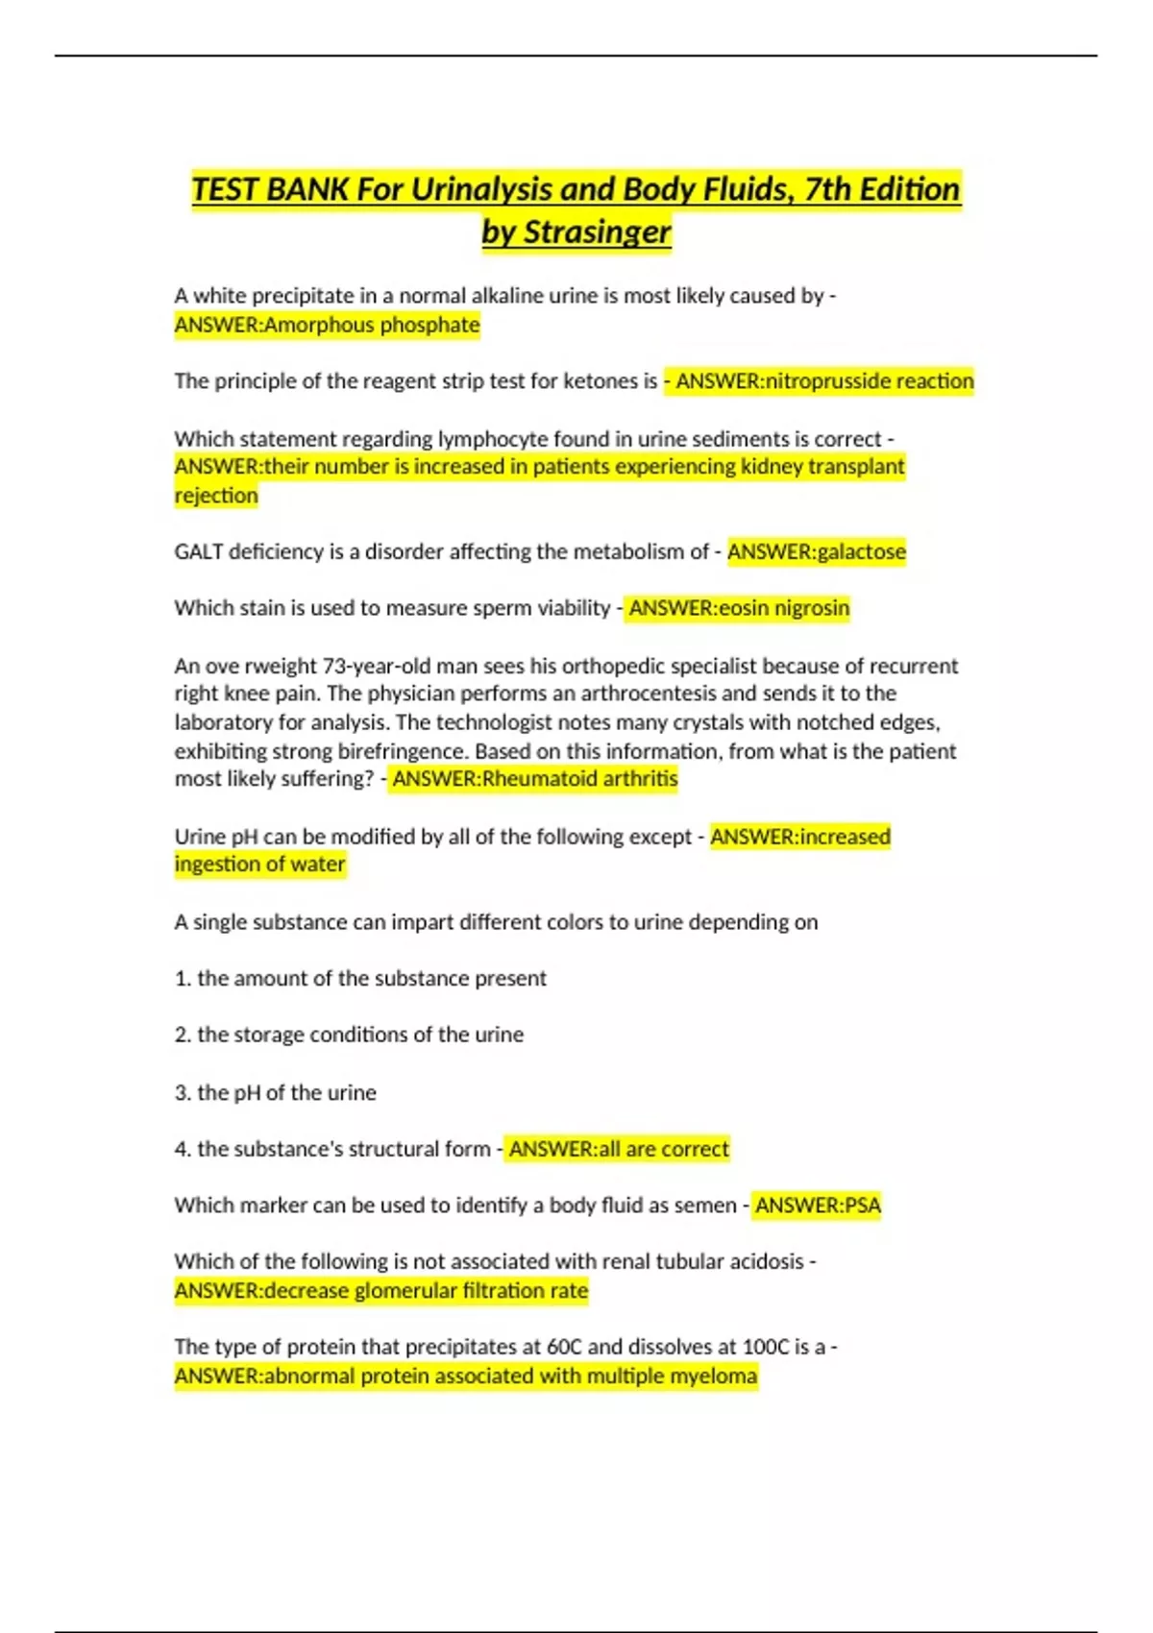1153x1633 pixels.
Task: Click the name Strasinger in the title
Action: coord(597,232)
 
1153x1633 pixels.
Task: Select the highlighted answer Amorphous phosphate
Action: coord(372,325)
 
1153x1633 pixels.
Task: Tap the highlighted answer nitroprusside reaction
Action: coord(869,381)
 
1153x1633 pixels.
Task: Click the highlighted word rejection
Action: coord(216,496)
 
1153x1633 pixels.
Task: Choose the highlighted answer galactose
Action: coord(861,551)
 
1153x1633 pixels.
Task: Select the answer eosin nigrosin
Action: coord(787,608)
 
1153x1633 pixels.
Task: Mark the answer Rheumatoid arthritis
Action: coord(579,779)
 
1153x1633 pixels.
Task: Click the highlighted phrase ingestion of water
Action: coord(259,865)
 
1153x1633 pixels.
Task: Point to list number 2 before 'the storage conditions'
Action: coord(183,1035)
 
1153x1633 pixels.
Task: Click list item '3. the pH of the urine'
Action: coord(276,1092)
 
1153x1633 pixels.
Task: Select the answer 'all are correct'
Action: coord(664,1149)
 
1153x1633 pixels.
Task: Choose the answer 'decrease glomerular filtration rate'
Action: coord(426,1290)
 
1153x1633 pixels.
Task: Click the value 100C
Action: coord(765,1347)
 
